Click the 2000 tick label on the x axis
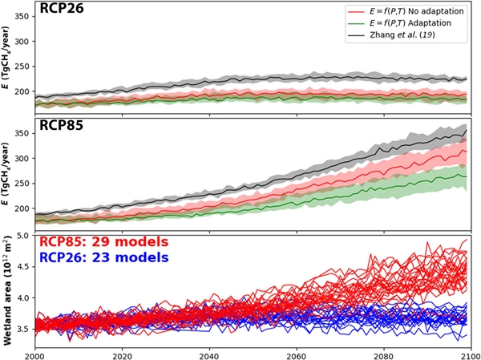tap(35, 353)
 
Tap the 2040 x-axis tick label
tap(209, 353)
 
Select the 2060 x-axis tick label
tap(296, 353)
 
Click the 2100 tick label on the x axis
tap(468, 353)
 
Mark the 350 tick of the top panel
tap(22, 16)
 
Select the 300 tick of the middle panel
tap(22, 158)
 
